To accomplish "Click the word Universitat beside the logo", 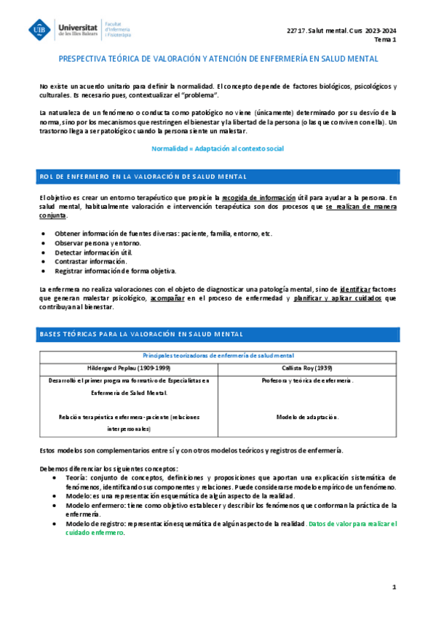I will (x=79, y=25).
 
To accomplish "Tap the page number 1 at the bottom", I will (x=393, y=586).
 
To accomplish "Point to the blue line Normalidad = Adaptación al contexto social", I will (x=218, y=148).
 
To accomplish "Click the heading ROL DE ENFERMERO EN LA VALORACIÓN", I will (x=143, y=177).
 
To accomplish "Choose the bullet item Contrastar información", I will (x=90, y=261).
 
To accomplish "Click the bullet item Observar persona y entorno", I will (x=96, y=242).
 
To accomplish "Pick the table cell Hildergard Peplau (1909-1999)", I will (x=127, y=368).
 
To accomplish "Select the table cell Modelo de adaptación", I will (x=307, y=417).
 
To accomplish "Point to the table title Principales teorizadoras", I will (x=218, y=355).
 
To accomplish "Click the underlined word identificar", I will (x=355, y=289).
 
